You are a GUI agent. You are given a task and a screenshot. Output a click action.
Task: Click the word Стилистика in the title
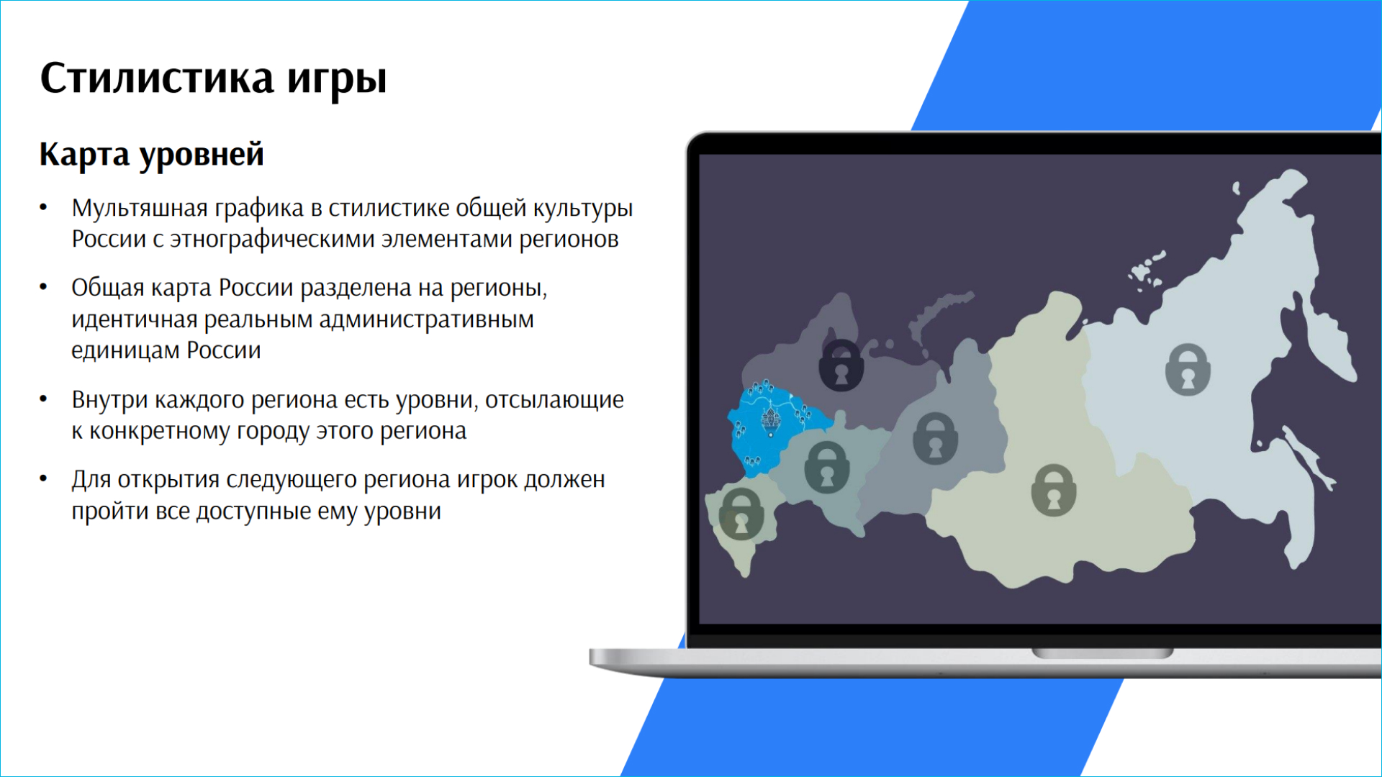157,78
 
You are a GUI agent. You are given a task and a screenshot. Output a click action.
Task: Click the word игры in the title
337,81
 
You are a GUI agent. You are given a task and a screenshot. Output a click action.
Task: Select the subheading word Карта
84,155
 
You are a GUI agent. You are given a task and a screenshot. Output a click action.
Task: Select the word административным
426,319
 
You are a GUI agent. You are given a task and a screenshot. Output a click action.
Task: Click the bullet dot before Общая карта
43,288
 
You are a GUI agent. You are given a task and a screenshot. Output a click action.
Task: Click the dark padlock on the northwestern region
841,365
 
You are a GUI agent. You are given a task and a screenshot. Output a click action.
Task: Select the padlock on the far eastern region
1188,369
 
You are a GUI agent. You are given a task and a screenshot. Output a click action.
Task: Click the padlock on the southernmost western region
740,514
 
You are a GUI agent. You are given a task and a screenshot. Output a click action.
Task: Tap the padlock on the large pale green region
1054,490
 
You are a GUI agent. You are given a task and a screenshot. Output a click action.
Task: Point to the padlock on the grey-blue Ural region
935,438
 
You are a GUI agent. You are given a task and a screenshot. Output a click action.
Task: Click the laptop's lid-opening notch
1103,653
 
